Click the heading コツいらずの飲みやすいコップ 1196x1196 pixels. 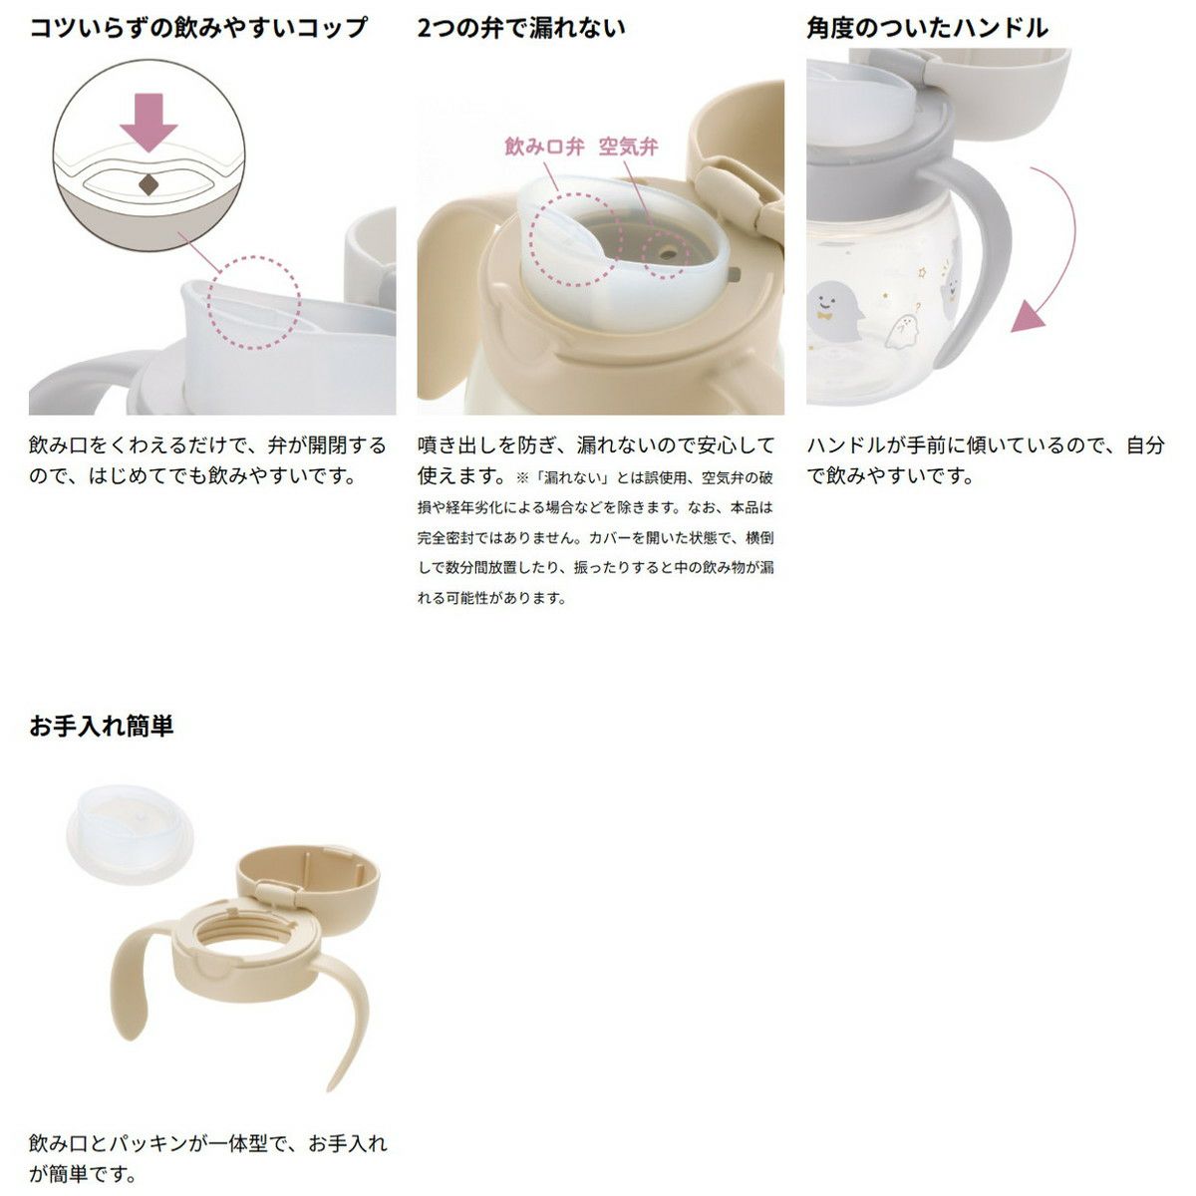point(198,28)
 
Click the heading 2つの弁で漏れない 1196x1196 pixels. point(520,28)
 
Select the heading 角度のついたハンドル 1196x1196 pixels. point(927,28)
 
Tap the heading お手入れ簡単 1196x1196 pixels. point(102,726)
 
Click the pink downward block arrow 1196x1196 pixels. point(149,122)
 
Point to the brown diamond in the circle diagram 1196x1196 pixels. point(149,184)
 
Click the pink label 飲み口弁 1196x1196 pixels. point(544,148)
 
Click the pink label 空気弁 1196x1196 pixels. point(628,148)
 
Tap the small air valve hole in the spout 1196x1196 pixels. point(667,254)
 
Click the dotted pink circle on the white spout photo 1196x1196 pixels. point(254,302)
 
